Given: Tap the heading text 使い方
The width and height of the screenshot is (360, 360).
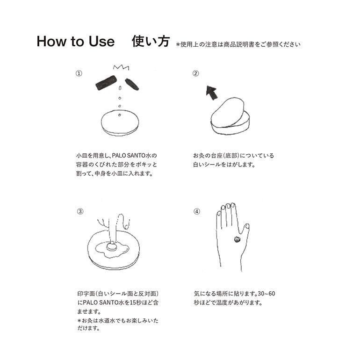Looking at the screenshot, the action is tap(151, 41).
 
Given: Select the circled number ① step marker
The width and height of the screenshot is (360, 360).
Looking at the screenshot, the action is tap(79, 73).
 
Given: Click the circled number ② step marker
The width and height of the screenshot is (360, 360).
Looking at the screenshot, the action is tap(195, 73).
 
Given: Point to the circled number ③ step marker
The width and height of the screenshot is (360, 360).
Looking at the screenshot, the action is tap(80, 211).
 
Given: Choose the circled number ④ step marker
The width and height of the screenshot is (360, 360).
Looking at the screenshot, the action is tap(197, 211).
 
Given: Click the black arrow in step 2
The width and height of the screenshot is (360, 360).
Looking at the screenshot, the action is tap(211, 93).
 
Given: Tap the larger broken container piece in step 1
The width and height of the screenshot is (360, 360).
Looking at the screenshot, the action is tap(106, 83).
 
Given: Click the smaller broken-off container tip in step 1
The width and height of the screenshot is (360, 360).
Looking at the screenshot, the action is tap(132, 85).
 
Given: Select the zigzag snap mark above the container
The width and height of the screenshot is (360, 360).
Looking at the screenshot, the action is tap(121, 67).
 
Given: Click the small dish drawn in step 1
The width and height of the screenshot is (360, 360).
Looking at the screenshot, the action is tap(120, 123).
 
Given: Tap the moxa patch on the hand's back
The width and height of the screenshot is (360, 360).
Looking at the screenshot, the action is tap(238, 239).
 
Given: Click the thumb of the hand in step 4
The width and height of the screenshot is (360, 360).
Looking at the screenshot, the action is tap(244, 232).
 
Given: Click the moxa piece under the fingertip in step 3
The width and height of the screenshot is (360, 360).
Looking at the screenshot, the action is tap(112, 247).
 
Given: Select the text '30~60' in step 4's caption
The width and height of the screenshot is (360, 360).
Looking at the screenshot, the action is tap(266, 294).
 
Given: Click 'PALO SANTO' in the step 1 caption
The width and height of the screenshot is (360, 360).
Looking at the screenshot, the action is tap(129, 155).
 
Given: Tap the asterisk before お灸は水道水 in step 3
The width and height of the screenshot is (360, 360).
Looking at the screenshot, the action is tap(79, 320).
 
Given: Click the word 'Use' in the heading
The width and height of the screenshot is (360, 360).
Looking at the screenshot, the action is tap(101, 42).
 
